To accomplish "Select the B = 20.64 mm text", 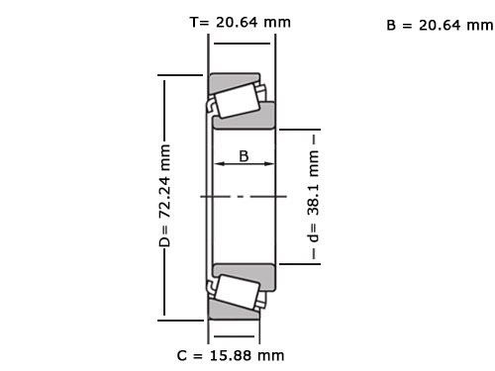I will (439, 26).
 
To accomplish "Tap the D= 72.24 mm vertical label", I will (164, 196).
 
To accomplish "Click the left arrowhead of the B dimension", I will (220, 164).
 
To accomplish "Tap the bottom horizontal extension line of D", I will (184, 320).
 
